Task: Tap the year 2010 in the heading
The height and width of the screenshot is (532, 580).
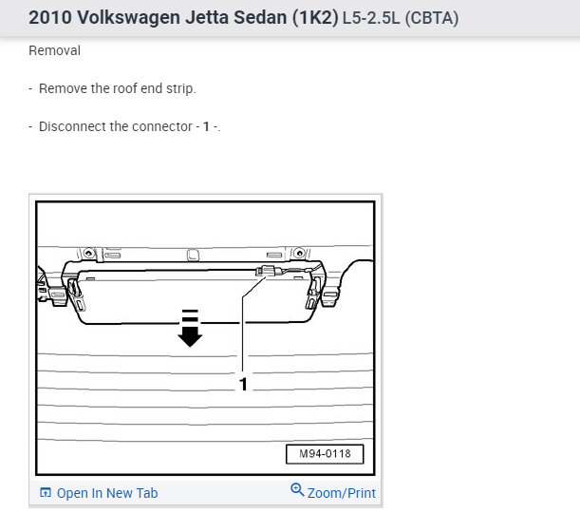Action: coord(50,17)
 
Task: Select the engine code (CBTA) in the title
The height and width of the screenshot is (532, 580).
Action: coord(432,18)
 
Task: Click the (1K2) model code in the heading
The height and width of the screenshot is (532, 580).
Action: coord(315,18)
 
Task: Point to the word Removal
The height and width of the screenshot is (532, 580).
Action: coord(54,50)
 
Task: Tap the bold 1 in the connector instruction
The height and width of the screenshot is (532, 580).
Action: coord(206,126)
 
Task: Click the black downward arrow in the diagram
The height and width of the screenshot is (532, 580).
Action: coord(190,328)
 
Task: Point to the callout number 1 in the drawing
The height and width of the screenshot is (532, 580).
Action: coord(243,385)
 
